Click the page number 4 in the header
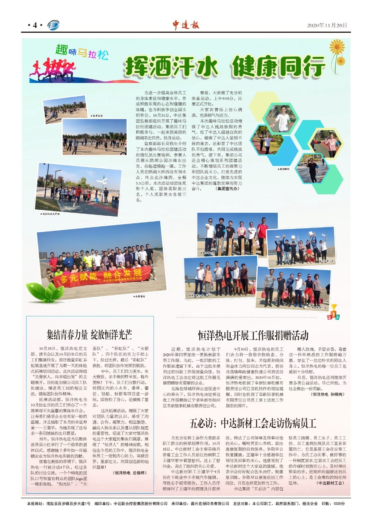[x=35, y=25]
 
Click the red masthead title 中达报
[x=186, y=25]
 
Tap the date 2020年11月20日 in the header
[x=327, y=25]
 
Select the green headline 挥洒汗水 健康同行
[x=225, y=67]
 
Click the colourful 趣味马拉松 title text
[x=82, y=52]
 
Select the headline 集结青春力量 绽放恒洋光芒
[x=89, y=335]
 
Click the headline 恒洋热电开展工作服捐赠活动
[x=253, y=335]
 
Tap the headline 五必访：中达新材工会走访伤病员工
[x=253, y=423]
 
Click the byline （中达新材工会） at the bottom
[x=330, y=483]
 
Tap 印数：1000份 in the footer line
[x=333, y=504]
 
